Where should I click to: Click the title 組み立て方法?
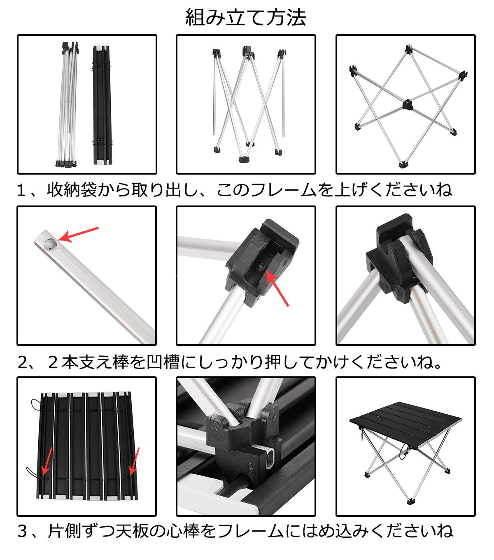tap(245, 17)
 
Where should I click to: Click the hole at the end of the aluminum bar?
tap(50, 244)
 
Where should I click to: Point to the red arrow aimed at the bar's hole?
tap(78, 235)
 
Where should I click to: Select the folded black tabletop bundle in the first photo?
tap(103, 105)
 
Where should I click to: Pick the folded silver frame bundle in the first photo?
tap(68, 105)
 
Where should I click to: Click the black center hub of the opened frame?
tap(407, 105)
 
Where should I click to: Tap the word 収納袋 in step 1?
tap(72, 190)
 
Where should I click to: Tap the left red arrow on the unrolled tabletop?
tap(47, 462)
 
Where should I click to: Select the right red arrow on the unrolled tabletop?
tap(134, 461)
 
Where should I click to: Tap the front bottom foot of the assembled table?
tap(410, 501)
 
